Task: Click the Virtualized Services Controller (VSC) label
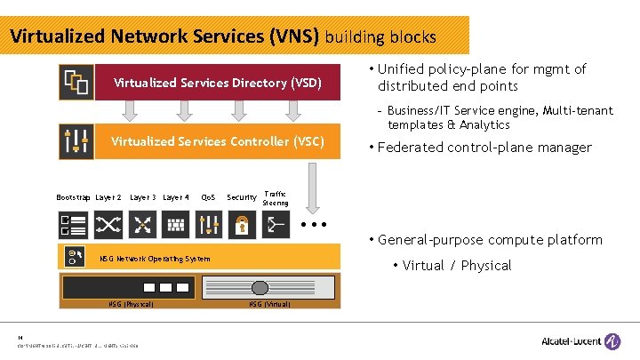point(217,141)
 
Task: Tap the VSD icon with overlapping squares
point(76,83)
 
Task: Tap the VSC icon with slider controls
point(76,141)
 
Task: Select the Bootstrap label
point(73,197)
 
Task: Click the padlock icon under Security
point(242,224)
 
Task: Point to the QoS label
point(209,197)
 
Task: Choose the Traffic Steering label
point(276,197)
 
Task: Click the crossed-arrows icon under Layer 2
point(108,224)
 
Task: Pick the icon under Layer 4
point(175,224)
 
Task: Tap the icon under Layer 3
point(142,224)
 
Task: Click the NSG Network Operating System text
point(155,259)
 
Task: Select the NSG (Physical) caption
point(132,305)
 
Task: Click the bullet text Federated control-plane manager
point(484,148)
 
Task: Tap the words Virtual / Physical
point(457,265)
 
